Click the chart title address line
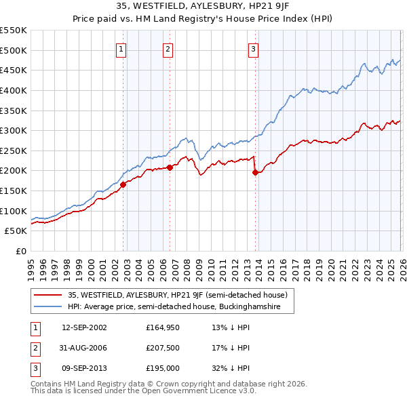[x=203, y=7]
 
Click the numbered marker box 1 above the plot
[x=121, y=49]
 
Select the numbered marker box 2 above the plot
[x=168, y=49]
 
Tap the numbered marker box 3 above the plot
[x=253, y=49]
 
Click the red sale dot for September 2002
[x=123, y=184]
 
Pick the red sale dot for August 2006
[x=170, y=167]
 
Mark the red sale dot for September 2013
[x=255, y=172]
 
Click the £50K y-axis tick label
[x=16, y=231]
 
